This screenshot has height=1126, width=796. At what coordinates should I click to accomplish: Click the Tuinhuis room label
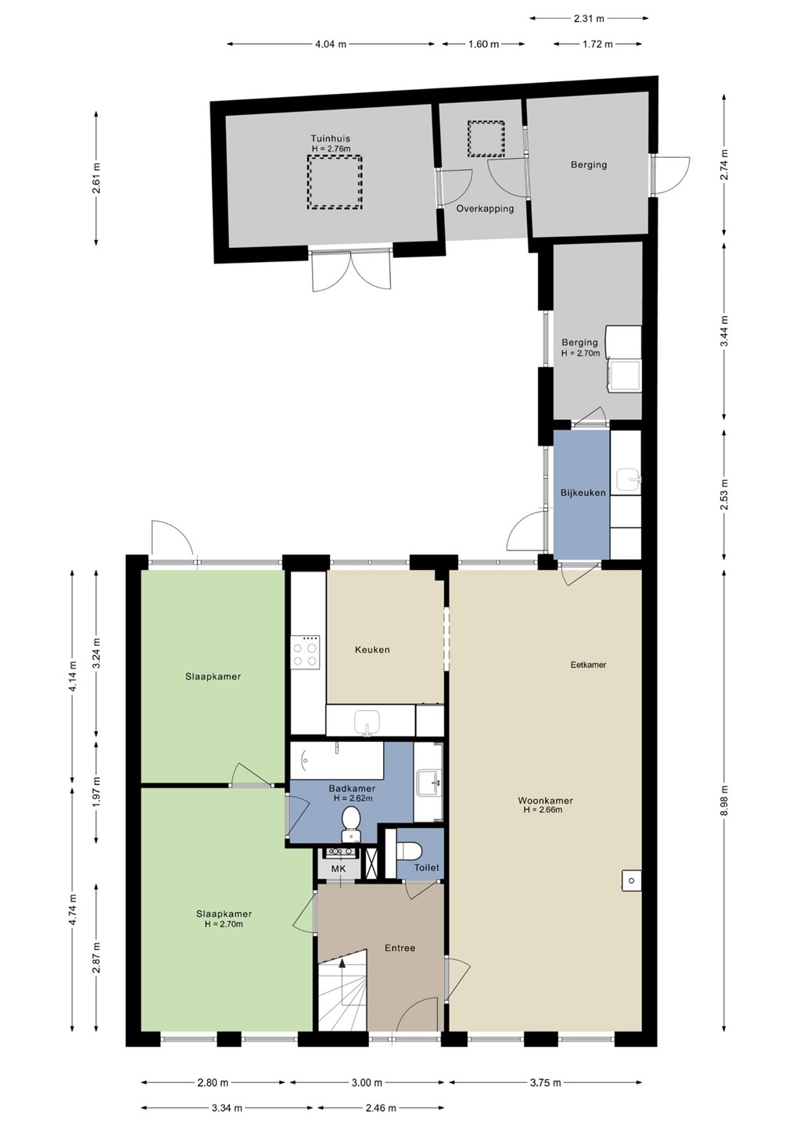click(330, 138)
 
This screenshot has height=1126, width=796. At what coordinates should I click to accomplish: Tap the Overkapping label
click(485, 209)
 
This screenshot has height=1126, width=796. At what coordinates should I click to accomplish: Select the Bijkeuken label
click(583, 493)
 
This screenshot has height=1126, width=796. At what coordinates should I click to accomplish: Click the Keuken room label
click(372, 650)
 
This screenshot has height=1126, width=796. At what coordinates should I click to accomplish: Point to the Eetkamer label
click(588, 665)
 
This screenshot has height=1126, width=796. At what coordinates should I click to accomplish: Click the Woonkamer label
click(545, 801)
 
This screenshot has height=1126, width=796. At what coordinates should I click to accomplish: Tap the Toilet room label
click(427, 867)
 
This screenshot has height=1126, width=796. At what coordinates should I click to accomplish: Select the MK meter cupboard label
click(339, 869)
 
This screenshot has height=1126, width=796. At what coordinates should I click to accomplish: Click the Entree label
click(400, 948)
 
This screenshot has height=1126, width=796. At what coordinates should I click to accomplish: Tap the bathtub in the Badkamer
click(337, 761)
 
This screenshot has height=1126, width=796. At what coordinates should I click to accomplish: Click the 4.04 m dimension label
click(331, 45)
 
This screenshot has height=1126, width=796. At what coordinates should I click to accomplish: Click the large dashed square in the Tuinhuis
click(334, 182)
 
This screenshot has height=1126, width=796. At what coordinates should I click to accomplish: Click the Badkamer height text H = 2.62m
click(353, 798)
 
